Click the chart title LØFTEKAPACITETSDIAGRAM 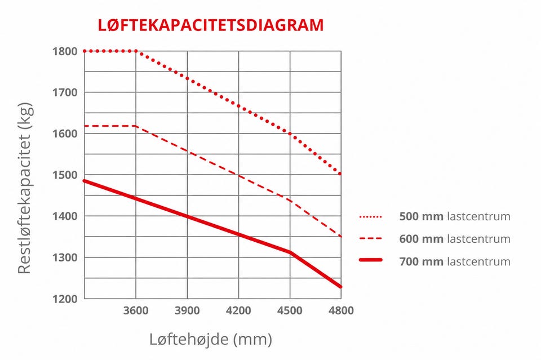click(x=211, y=25)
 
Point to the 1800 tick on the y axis click(x=65, y=51)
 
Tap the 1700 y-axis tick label click(x=65, y=92)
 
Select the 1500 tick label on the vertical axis click(x=65, y=175)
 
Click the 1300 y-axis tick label click(x=65, y=257)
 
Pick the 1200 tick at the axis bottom click(x=65, y=299)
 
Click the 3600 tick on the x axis click(x=136, y=310)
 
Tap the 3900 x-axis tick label click(x=187, y=310)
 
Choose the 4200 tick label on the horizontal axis click(x=238, y=310)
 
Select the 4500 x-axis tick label click(x=290, y=310)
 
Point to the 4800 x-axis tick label click(x=341, y=310)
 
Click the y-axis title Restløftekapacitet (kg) click(x=25, y=188)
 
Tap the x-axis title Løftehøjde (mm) click(x=210, y=339)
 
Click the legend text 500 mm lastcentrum click(x=455, y=216)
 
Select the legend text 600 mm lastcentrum click(x=455, y=239)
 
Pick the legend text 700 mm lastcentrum click(x=455, y=261)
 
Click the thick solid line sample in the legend click(x=371, y=260)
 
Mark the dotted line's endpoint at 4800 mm click(x=340, y=174)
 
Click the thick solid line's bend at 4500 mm click(x=291, y=252)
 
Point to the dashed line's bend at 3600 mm click(x=136, y=126)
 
